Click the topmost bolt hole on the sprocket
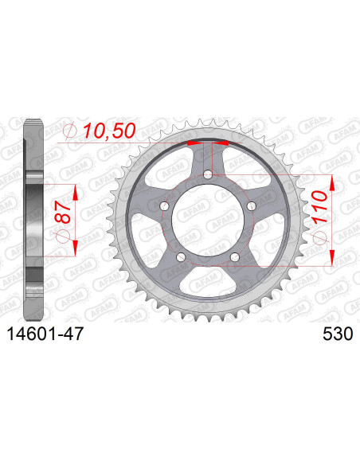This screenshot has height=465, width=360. click(x=208, y=174)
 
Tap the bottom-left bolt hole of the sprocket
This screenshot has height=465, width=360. click(x=182, y=256)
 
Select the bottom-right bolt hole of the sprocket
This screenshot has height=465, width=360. click(x=235, y=256)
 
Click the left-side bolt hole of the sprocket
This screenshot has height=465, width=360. click(x=164, y=205)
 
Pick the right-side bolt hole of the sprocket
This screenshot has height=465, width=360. click(x=252, y=205)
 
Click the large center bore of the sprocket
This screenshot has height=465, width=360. click(x=208, y=218)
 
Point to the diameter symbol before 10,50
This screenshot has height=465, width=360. click(x=69, y=131)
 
